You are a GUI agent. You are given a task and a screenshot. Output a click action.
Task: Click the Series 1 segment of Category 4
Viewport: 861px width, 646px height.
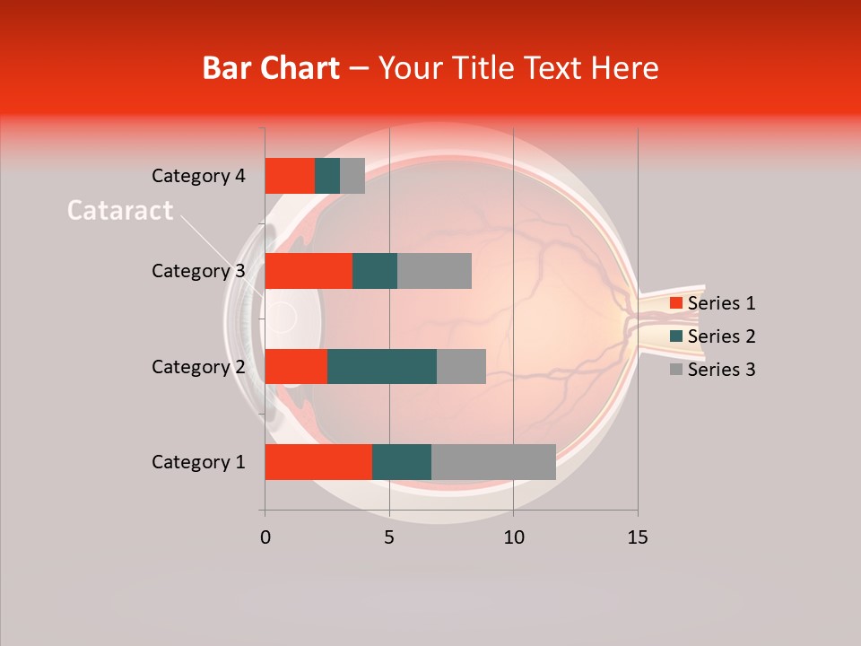point(290,176)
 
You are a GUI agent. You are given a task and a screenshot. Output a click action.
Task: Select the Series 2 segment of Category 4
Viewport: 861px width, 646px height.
point(327,176)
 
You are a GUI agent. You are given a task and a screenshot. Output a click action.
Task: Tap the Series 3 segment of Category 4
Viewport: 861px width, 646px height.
point(352,176)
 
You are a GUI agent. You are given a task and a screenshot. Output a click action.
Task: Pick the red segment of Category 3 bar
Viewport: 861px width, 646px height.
point(309,271)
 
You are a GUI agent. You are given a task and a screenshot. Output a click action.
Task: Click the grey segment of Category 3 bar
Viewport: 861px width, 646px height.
point(434,271)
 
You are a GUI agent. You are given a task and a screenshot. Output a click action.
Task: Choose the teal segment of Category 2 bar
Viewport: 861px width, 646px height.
point(382,366)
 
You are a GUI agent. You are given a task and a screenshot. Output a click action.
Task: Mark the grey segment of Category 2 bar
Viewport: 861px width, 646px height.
point(461,366)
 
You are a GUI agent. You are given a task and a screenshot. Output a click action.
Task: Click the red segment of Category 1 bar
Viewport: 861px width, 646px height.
point(318,462)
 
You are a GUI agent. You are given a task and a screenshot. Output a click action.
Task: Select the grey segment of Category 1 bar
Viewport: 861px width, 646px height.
point(493,462)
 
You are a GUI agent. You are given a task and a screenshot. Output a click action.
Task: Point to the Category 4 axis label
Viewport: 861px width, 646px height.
point(198,176)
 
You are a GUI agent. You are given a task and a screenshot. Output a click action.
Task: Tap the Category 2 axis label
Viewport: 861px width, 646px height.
point(198,366)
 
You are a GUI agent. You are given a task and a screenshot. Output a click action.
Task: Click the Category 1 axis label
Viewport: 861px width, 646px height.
point(198,462)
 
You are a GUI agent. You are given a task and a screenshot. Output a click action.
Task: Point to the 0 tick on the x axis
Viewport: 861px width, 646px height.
point(265,537)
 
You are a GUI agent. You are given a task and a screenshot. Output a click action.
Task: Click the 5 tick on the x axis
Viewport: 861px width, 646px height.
point(389,537)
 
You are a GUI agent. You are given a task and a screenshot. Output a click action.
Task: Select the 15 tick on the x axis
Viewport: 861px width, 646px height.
point(638,537)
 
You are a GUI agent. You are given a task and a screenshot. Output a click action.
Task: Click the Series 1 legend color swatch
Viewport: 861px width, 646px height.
point(675,303)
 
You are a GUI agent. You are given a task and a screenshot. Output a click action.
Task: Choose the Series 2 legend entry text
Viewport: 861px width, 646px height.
point(721,336)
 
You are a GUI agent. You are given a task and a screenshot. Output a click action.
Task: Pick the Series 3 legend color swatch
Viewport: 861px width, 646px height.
point(675,370)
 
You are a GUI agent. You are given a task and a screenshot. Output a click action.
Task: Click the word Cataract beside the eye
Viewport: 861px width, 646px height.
point(120,211)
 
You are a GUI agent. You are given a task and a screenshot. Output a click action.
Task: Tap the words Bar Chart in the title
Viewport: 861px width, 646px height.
point(271,68)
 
